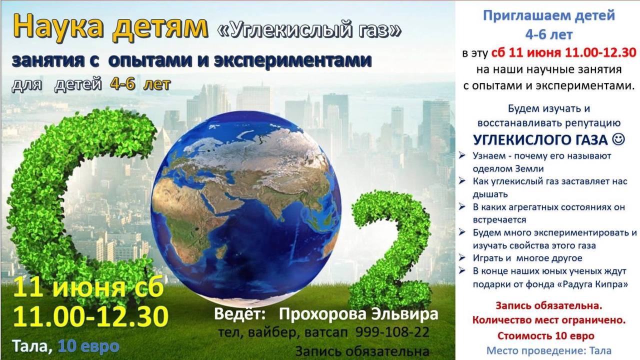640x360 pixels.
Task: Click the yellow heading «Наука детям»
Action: click(110, 27)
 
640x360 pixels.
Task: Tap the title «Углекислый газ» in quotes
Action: click(309, 30)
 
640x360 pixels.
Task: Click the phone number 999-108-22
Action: click(392, 332)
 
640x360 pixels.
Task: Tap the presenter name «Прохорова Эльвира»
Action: click(358, 314)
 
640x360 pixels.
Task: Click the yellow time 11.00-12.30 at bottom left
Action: click(90, 316)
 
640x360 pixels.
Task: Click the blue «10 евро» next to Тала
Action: click(88, 346)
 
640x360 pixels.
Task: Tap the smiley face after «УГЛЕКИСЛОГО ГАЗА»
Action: click(618, 139)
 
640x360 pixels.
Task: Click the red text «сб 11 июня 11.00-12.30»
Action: click(563, 53)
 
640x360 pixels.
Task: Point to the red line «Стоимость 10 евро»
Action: click(546, 335)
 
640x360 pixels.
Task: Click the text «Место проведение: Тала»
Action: click(549, 350)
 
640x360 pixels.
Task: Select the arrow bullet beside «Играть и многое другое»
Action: click(462, 257)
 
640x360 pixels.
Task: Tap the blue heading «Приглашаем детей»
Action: click(549, 15)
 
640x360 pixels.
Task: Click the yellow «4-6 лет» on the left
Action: click(140, 84)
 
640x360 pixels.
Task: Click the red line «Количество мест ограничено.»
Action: click(549, 320)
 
